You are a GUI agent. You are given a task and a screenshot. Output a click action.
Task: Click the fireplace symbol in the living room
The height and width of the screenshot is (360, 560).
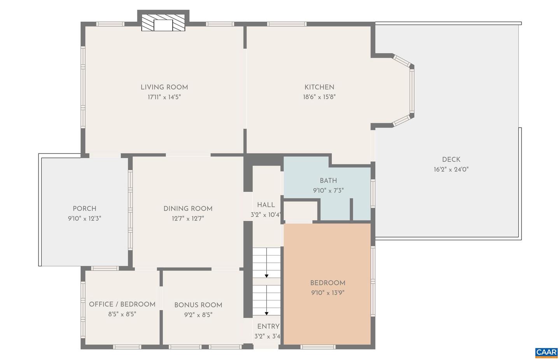click(x=163, y=23)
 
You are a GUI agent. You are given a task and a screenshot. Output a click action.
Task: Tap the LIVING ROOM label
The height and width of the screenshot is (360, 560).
click(x=164, y=87)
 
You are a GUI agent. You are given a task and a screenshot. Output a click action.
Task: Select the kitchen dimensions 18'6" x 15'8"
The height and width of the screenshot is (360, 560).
click(x=319, y=97)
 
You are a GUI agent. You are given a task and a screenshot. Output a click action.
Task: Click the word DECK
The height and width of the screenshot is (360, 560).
click(x=451, y=159)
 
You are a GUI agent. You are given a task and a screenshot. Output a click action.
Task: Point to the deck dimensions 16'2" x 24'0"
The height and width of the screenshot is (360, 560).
click(x=451, y=170)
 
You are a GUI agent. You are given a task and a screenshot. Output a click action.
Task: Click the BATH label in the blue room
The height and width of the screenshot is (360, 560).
click(x=328, y=180)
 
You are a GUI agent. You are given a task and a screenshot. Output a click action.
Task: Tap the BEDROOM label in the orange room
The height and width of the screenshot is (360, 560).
click(x=327, y=283)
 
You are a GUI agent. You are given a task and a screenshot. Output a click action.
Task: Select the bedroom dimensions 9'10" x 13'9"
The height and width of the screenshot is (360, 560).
click(x=327, y=293)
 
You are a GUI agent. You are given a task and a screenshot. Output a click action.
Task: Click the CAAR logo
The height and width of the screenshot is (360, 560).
click(x=546, y=352)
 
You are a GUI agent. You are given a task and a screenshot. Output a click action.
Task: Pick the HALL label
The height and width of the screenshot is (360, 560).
click(x=266, y=205)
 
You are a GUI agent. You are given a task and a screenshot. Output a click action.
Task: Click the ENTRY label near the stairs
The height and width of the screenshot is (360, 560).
click(x=268, y=326)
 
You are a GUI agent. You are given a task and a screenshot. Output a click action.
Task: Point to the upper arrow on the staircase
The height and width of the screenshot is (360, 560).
click(x=266, y=276)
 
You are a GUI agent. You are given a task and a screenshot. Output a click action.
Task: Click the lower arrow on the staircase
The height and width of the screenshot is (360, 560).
click(x=266, y=313)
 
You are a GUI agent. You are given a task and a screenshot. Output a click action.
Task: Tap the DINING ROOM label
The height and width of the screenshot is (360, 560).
click(x=188, y=209)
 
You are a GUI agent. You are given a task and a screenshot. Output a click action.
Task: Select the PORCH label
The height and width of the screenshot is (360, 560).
click(x=84, y=209)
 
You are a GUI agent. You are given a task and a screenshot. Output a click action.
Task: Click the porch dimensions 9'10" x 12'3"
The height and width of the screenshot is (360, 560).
click(x=84, y=218)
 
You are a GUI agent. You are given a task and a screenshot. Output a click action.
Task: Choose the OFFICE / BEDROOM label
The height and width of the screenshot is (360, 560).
click(x=122, y=304)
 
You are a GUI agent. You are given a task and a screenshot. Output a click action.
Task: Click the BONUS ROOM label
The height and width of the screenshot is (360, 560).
click(x=198, y=305)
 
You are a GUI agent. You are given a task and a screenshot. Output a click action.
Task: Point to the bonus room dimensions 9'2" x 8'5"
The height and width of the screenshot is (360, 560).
click(x=198, y=315)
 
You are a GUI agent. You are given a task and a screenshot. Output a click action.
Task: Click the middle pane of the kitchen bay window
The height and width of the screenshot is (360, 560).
click(x=411, y=92)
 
